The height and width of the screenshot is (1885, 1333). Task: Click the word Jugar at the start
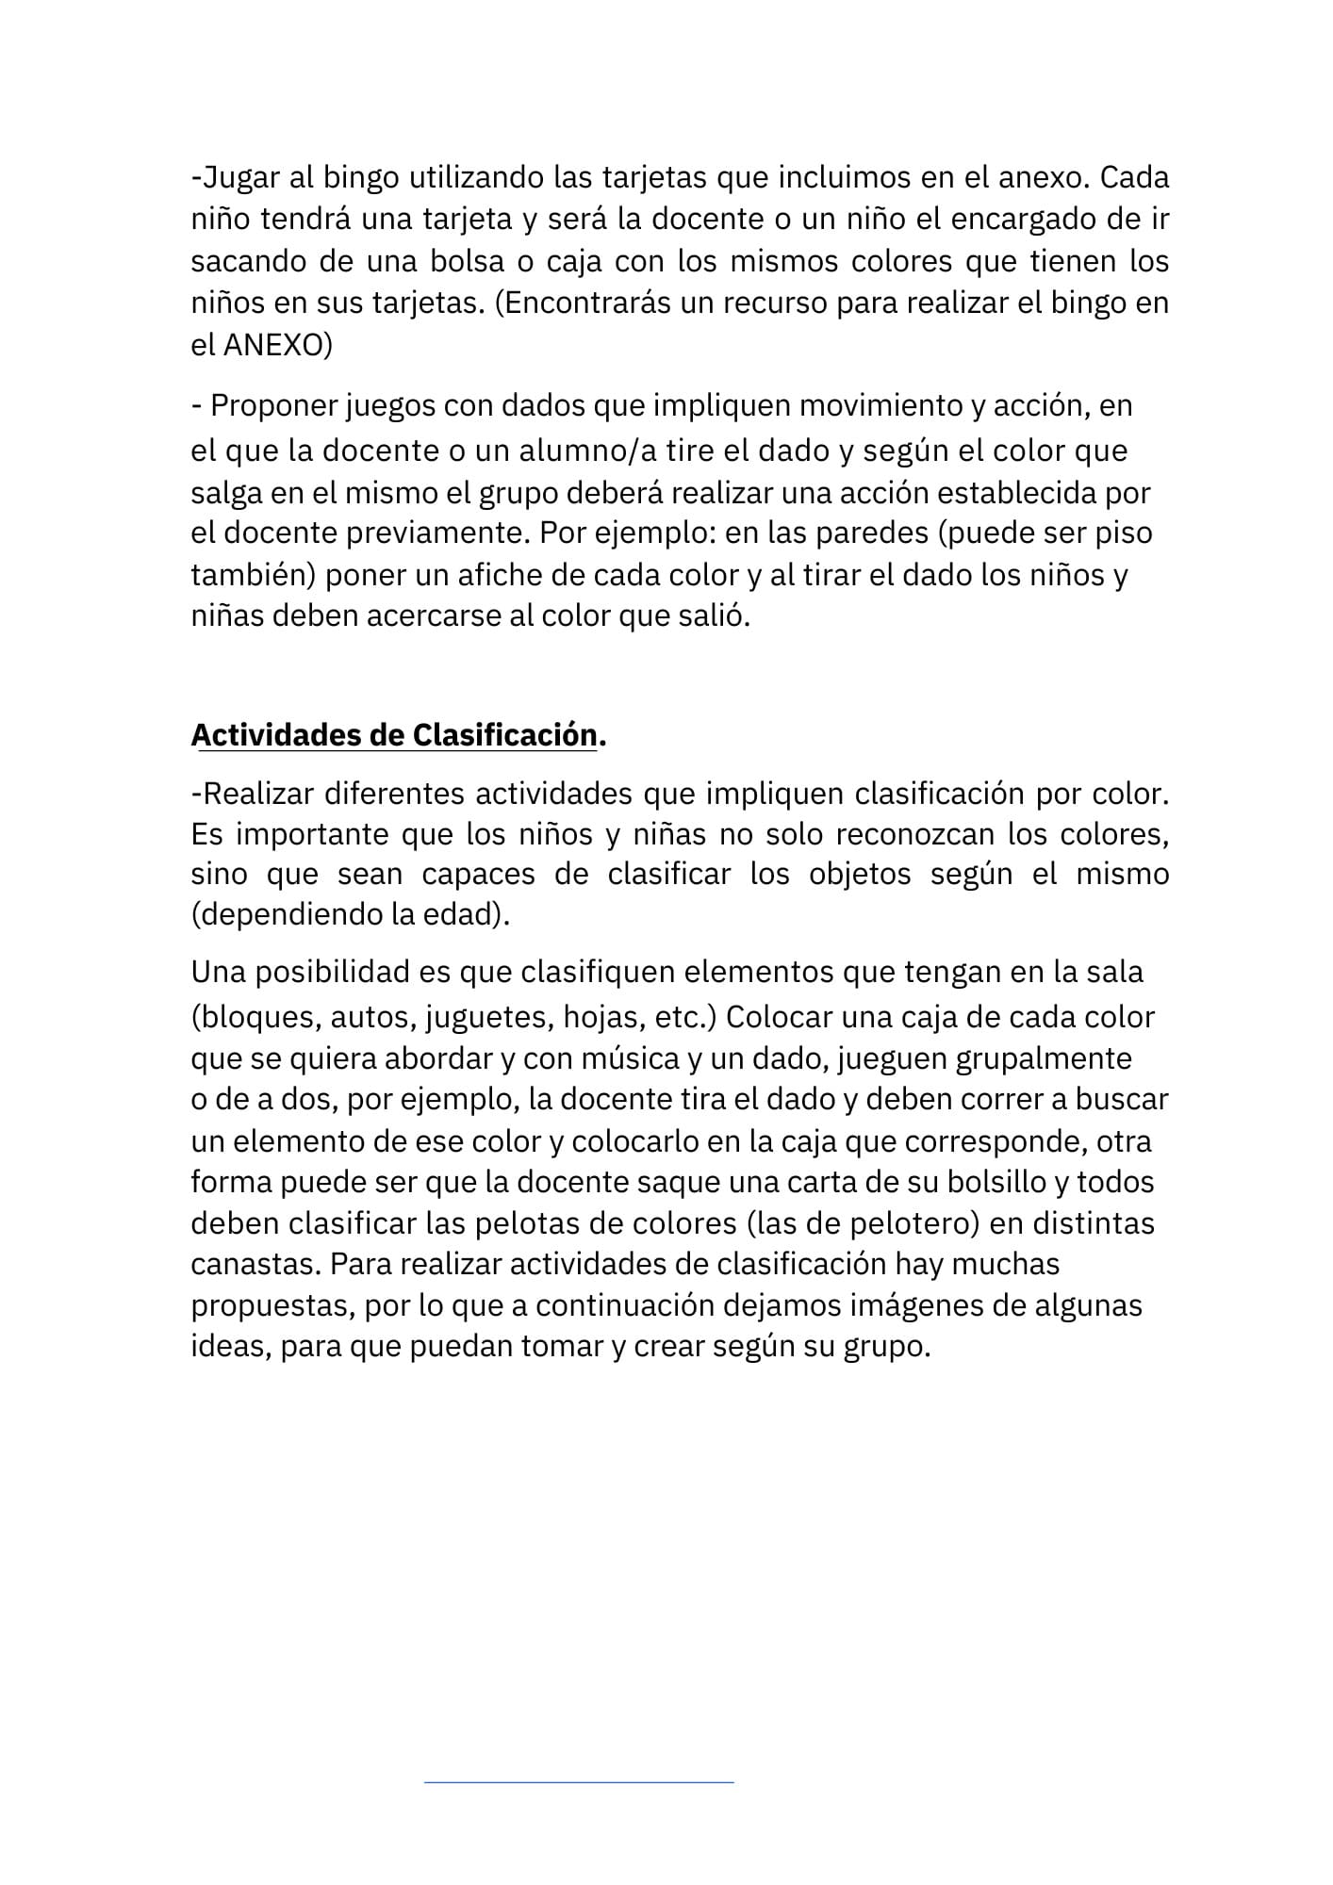point(239,177)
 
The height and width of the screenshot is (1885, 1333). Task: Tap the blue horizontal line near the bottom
point(579,1782)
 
